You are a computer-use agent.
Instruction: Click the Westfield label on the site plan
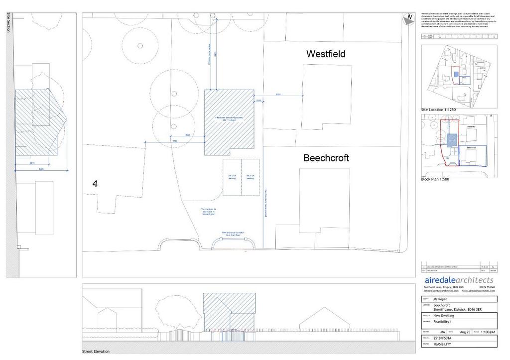click(326, 54)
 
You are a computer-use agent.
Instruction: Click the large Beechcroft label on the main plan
click(326, 158)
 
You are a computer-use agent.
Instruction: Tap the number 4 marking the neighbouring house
click(95, 184)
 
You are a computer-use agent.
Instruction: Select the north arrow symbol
click(409, 18)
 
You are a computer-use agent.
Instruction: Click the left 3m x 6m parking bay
click(232, 178)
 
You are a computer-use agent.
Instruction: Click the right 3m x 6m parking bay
click(251, 178)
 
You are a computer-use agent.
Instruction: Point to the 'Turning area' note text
click(208, 211)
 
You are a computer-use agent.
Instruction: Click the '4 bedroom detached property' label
click(229, 120)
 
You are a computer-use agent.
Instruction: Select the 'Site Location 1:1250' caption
click(439, 110)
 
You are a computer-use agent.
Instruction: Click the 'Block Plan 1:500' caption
click(435, 179)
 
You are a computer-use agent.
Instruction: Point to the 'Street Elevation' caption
click(96, 352)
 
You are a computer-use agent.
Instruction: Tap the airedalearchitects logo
click(458, 280)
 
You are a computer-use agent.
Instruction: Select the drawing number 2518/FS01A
click(445, 338)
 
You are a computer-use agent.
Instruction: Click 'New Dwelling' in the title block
click(444, 316)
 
